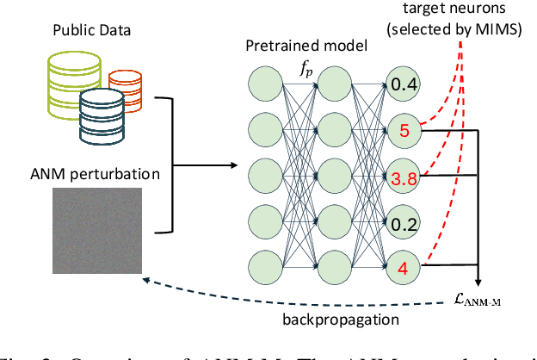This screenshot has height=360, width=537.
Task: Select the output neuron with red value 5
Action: coord(403,132)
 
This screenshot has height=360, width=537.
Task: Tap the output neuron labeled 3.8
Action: coord(403,178)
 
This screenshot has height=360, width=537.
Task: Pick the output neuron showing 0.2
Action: coord(403,224)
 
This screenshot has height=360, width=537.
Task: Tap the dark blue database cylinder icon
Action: coord(99,115)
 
